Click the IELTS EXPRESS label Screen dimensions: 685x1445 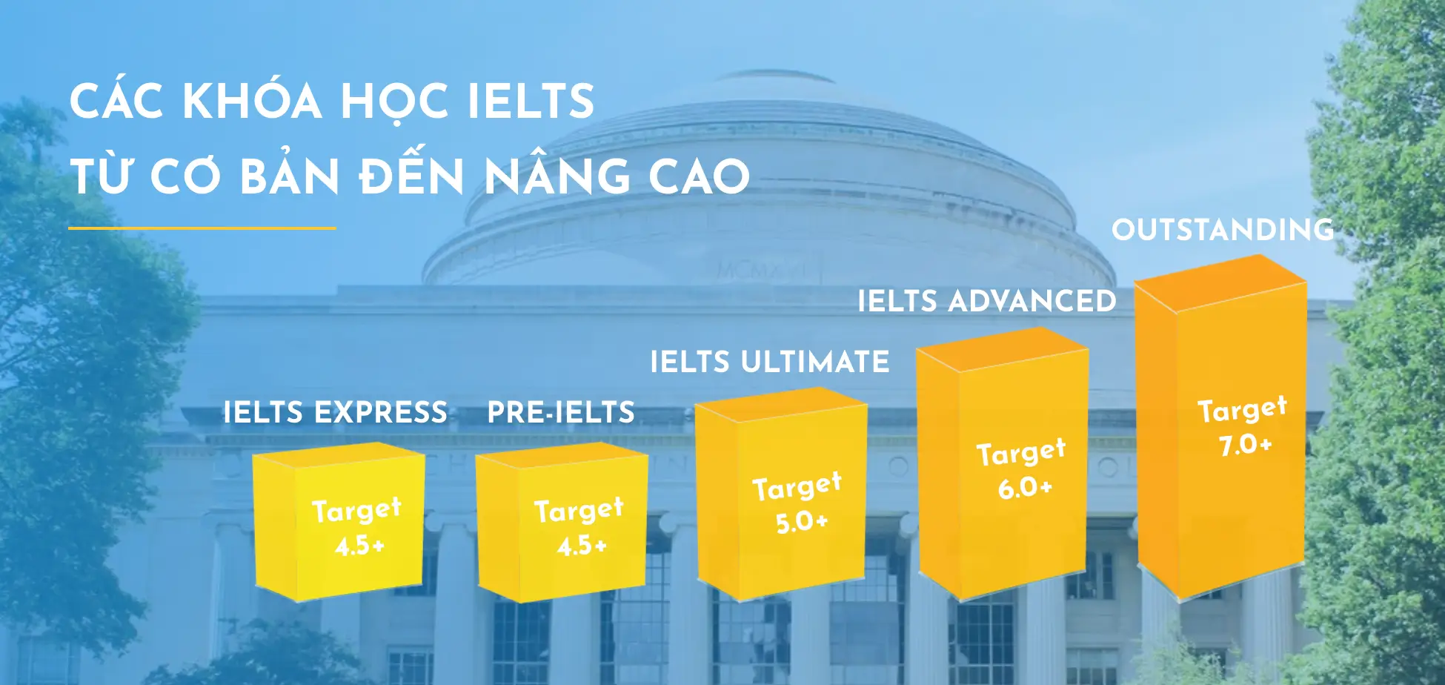pos(335,412)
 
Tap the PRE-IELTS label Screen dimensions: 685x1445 pos(561,412)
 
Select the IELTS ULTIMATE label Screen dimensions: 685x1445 pos(770,362)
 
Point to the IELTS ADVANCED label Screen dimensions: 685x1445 pos(986,301)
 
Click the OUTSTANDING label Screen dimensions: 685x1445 pos(1223,230)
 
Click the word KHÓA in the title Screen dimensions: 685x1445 pos(252,102)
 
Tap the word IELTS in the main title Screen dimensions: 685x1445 pos(531,102)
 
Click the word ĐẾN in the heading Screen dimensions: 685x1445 pos(412,176)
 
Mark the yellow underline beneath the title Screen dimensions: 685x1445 pos(202,228)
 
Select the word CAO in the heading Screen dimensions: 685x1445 pos(699,176)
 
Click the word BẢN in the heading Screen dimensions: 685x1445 pos(290,176)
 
